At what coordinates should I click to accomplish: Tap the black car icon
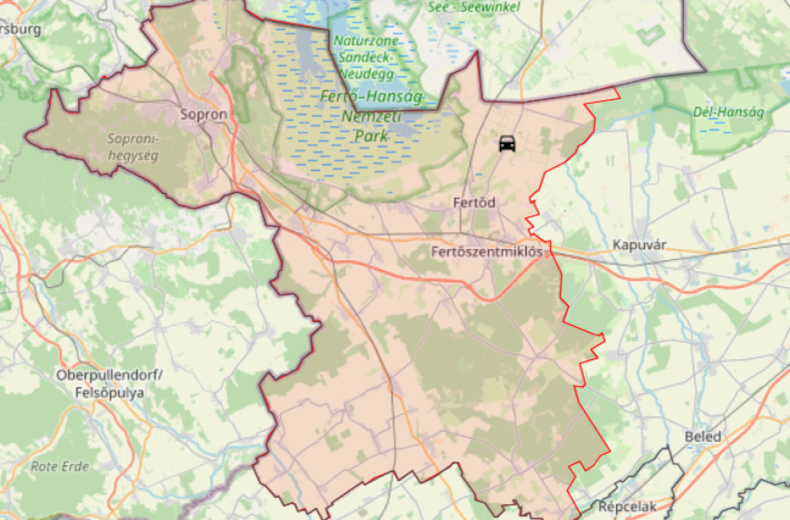[x=507, y=144]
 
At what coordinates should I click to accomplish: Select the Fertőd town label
[x=473, y=202]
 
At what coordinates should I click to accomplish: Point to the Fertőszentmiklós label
[x=486, y=252]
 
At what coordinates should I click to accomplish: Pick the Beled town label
[x=702, y=437]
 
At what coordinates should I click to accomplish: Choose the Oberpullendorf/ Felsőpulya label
[x=110, y=383]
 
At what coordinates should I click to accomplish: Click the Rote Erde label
[x=59, y=466]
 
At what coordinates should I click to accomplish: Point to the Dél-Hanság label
[x=729, y=112]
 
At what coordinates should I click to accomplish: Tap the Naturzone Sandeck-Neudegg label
[x=366, y=58]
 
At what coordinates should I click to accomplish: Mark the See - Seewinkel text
[x=474, y=6]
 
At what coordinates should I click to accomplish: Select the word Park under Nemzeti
[x=369, y=136]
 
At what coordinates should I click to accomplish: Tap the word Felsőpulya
[x=110, y=392]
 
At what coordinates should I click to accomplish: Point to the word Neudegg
[x=366, y=73]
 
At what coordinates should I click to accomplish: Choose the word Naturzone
[x=366, y=42]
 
